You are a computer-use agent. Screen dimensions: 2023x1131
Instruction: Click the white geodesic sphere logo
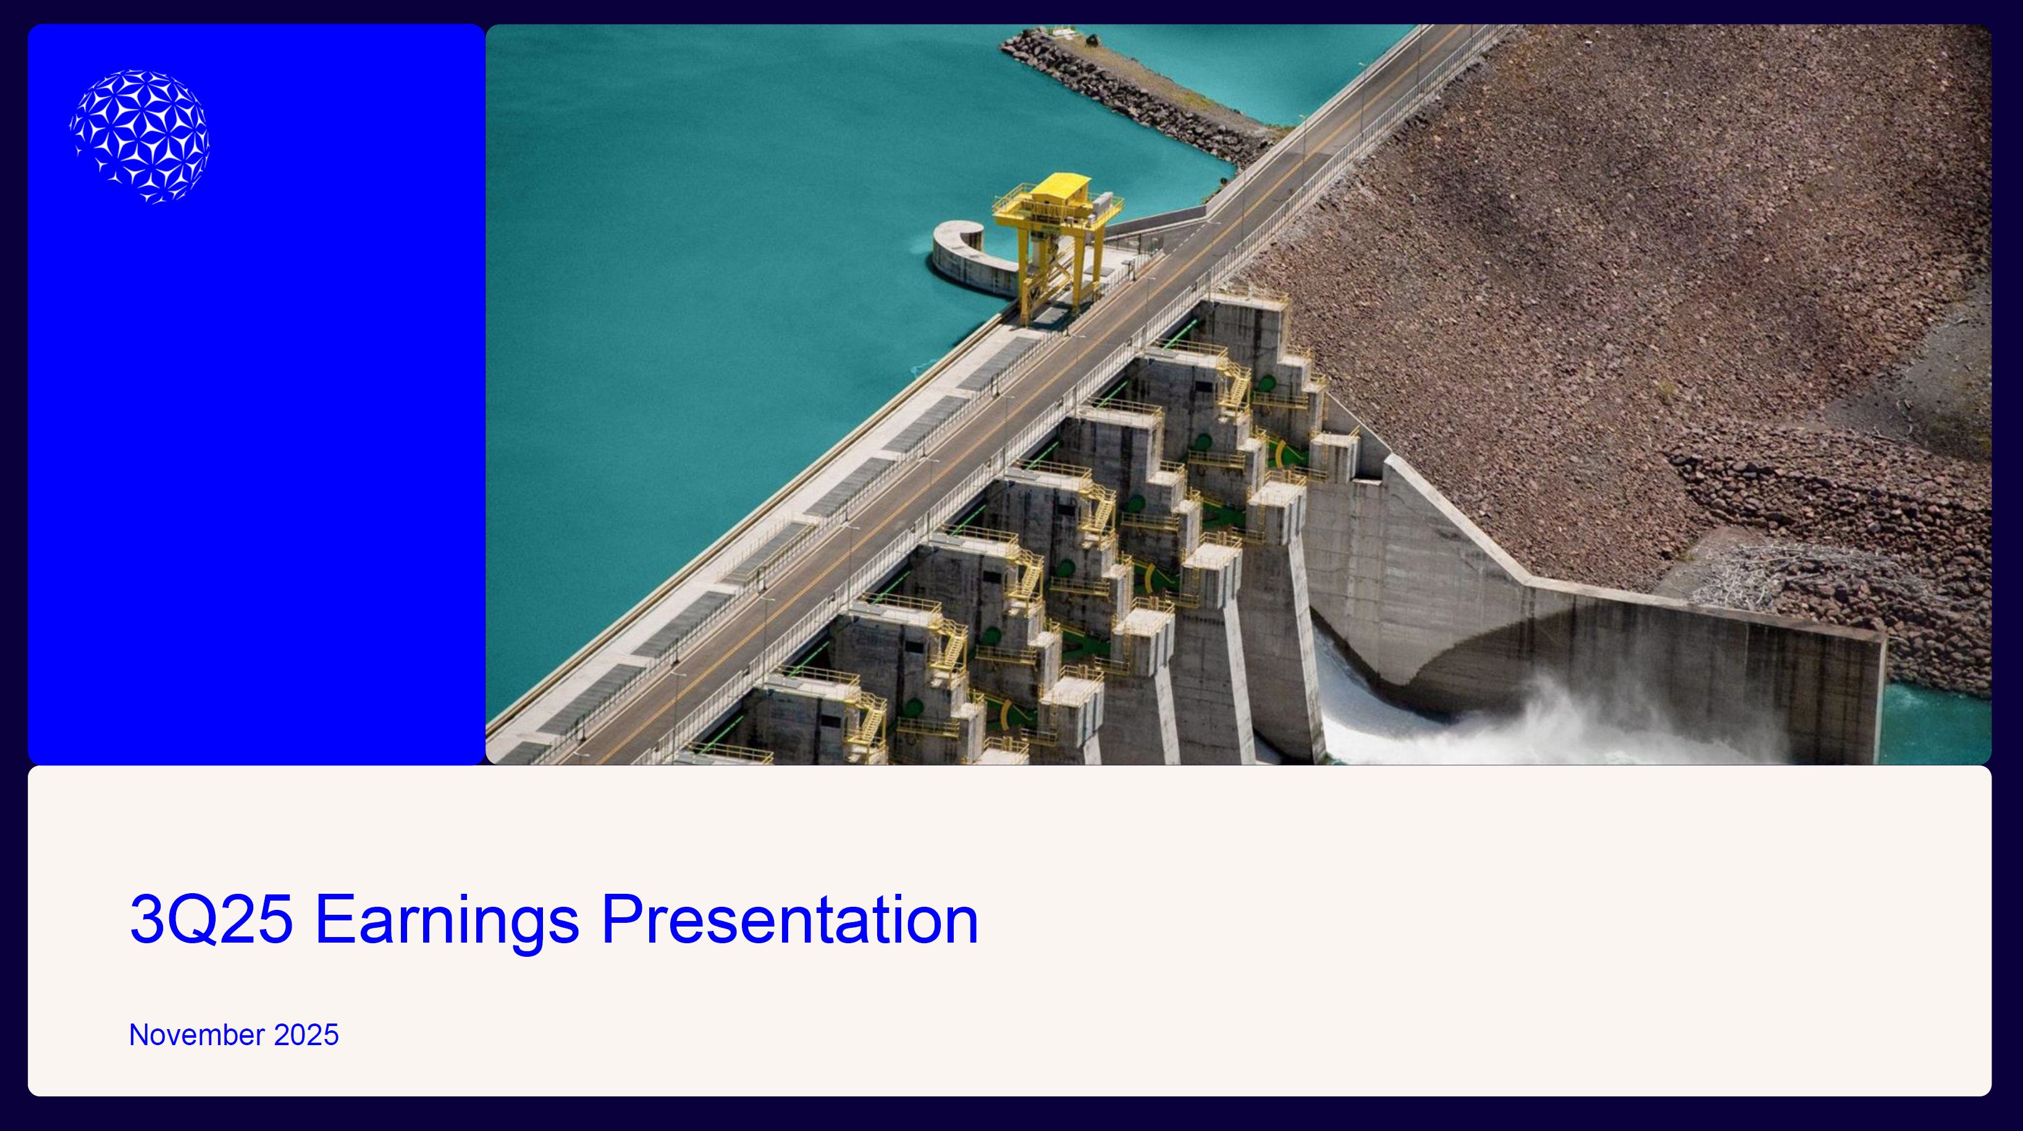click(140, 137)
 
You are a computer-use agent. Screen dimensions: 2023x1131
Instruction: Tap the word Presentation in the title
click(790, 919)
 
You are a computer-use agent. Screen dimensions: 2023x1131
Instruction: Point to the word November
click(196, 1035)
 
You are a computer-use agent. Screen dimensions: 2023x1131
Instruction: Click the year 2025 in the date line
click(306, 1035)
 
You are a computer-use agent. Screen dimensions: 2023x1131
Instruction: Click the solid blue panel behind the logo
click(256, 471)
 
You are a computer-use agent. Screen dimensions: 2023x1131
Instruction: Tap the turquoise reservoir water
click(746, 275)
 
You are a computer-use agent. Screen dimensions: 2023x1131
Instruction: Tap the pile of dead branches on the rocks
click(1751, 573)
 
